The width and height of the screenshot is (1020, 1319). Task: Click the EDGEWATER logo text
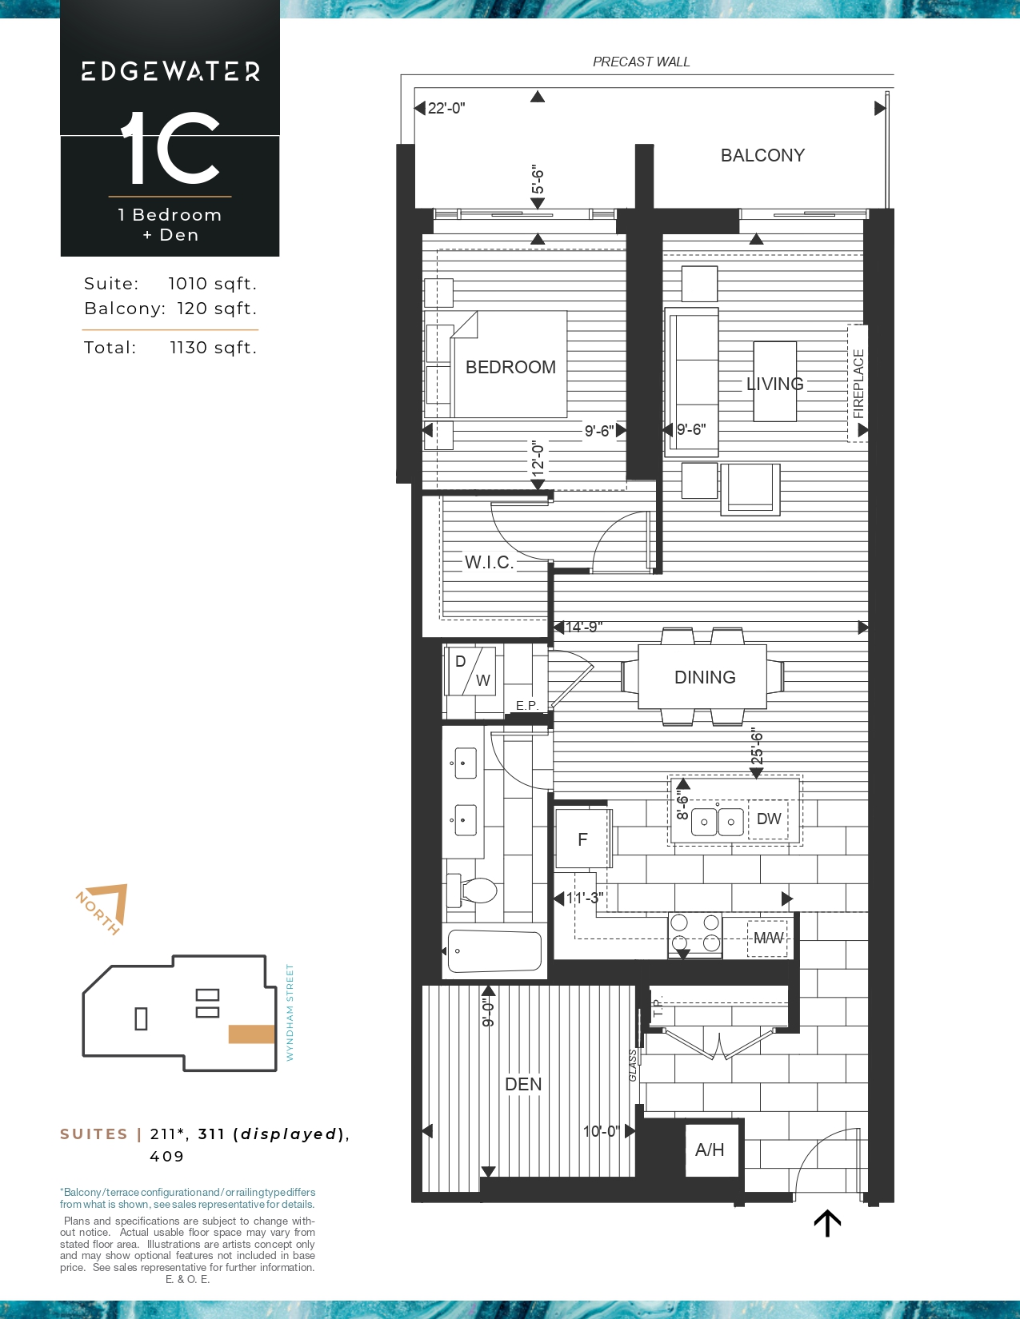click(170, 71)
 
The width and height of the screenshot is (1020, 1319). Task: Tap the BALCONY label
click(762, 155)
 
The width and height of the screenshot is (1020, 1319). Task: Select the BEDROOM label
click(510, 367)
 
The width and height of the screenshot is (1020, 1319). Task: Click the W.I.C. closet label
click(489, 562)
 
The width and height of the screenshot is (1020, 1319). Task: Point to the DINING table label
click(705, 677)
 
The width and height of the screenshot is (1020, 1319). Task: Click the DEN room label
click(523, 1084)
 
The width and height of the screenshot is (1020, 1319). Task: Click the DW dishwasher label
click(769, 819)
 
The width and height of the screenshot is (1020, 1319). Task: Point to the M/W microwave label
click(768, 938)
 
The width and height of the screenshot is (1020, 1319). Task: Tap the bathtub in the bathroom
click(494, 952)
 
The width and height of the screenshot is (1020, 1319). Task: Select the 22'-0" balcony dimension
click(446, 108)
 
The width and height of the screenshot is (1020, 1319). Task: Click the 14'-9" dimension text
click(584, 627)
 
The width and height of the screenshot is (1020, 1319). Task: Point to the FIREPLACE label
click(858, 384)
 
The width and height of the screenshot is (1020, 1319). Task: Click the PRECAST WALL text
click(641, 62)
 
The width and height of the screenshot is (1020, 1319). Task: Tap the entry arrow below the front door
click(827, 1223)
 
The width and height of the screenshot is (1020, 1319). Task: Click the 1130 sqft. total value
click(214, 348)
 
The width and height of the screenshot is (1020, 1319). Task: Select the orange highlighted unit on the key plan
click(251, 1034)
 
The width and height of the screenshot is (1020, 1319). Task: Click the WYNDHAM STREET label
click(290, 1013)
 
